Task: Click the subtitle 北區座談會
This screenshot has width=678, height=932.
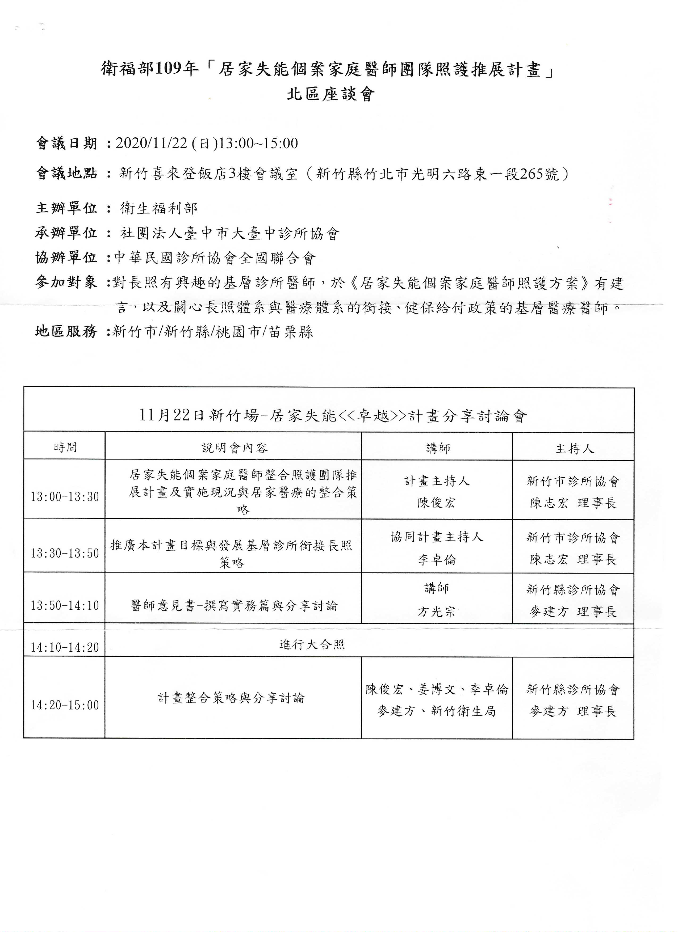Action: point(331,95)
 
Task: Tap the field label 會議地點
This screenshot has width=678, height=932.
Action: point(67,174)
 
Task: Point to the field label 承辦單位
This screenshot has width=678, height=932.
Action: point(67,233)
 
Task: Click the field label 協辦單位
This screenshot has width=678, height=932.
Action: point(67,258)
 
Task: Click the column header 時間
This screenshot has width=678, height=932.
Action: point(65,448)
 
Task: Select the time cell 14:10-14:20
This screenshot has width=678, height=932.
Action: point(65,648)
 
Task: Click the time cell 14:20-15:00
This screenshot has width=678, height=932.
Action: point(65,705)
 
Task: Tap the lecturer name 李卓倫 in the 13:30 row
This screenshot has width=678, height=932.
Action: point(437,560)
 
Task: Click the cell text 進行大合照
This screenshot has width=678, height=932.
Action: point(312,644)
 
